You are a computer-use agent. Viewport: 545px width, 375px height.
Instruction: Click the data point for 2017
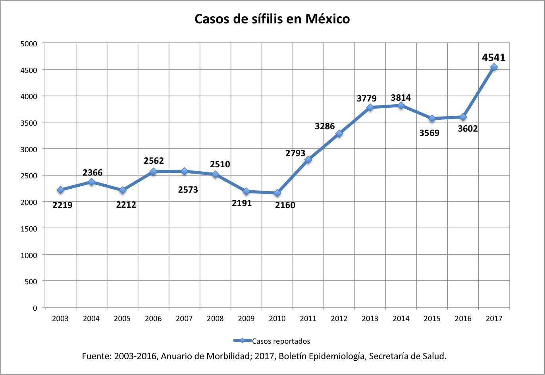click(494, 67)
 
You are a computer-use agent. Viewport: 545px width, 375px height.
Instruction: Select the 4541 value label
click(494, 57)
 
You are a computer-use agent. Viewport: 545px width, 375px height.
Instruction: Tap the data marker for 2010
click(277, 193)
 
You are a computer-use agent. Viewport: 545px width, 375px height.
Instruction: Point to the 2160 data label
click(285, 205)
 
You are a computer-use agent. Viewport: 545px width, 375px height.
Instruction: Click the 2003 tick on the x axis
click(60, 318)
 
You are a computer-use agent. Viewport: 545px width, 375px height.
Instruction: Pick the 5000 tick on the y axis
click(29, 44)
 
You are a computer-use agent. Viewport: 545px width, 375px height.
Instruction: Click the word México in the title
click(327, 19)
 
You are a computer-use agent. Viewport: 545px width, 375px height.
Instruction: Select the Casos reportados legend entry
click(281, 341)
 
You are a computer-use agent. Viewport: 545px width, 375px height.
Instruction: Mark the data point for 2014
click(401, 105)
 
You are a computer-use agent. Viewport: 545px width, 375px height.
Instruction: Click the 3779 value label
click(366, 98)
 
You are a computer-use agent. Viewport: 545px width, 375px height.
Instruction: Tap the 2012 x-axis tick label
click(339, 318)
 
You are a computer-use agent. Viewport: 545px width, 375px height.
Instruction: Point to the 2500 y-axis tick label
click(29, 176)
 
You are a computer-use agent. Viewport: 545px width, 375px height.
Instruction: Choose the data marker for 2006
click(153, 172)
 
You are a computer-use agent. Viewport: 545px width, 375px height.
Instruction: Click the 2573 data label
click(188, 189)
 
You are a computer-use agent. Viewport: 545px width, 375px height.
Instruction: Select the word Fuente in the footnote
click(96, 356)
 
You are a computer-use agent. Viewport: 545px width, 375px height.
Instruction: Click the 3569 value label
click(429, 133)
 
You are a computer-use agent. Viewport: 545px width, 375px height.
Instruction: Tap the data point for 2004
click(91, 182)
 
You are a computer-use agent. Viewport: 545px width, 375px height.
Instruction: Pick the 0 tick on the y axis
click(35, 308)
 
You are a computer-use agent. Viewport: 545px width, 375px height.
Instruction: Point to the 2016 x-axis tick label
click(463, 318)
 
